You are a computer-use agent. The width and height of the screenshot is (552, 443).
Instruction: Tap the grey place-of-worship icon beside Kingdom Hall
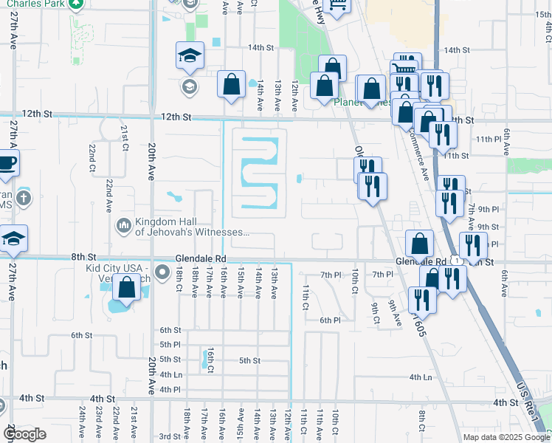(x=123, y=223)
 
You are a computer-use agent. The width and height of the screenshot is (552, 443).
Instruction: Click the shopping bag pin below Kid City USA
(x=127, y=288)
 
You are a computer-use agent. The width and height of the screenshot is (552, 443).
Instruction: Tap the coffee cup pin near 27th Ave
(x=7, y=162)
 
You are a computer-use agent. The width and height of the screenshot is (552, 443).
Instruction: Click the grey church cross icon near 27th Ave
(x=24, y=197)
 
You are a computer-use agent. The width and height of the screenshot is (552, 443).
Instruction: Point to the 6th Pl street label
(x=330, y=320)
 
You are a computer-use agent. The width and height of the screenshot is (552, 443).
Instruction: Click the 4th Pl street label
(x=170, y=389)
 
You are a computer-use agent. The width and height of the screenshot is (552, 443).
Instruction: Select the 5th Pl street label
(x=170, y=345)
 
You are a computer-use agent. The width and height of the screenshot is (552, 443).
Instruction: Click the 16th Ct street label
(x=210, y=360)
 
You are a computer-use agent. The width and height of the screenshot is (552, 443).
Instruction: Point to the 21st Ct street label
(x=125, y=134)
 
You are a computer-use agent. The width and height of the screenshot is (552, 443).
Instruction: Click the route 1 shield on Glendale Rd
(x=459, y=261)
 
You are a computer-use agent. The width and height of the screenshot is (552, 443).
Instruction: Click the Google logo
(x=24, y=434)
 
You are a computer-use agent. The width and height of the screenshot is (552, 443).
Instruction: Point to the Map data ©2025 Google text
(x=506, y=437)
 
